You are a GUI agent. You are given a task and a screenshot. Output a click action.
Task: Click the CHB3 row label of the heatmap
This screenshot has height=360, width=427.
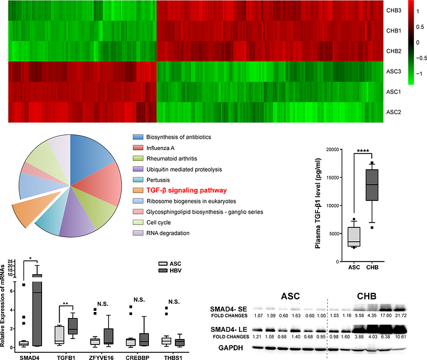pos(393,10)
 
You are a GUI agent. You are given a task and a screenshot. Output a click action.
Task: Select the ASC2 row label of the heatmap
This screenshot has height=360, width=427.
pos(393,112)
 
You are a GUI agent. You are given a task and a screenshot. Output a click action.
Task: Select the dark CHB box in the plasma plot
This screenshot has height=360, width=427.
pos(372,192)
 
